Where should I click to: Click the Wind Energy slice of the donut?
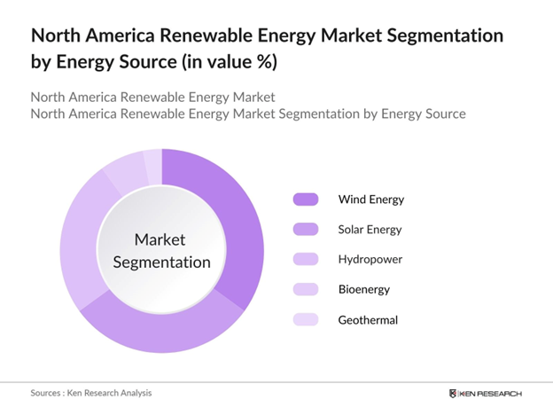(239, 222)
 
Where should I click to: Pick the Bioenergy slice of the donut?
(125, 169)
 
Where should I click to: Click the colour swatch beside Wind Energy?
(305, 199)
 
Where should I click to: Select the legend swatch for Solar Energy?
(305, 229)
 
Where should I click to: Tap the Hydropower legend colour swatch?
(305, 259)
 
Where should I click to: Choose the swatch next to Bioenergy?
(305, 289)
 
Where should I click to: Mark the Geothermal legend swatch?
(305, 319)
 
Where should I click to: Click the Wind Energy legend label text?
(370, 199)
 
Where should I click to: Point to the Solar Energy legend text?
(370, 229)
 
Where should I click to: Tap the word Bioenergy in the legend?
(364, 289)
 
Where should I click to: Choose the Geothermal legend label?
(367, 319)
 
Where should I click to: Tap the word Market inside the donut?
(161, 239)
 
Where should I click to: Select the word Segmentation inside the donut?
(161, 262)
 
